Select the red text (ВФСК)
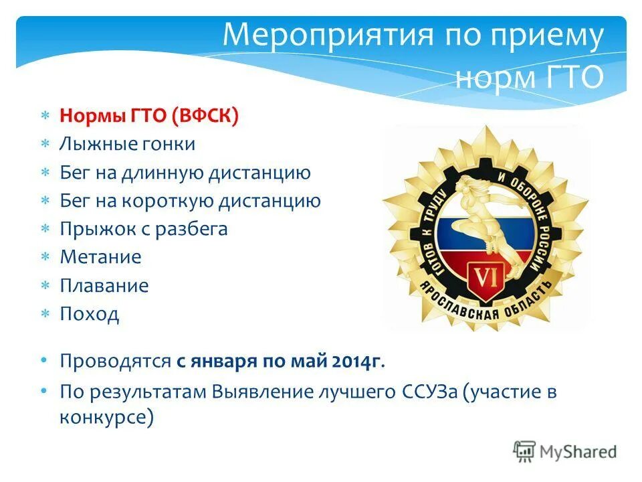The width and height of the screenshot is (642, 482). (215, 116)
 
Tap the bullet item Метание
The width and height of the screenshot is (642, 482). (101, 257)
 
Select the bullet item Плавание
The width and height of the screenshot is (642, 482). (104, 286)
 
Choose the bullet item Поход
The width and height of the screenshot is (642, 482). (90, 314)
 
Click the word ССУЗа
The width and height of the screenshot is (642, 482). (424, 392)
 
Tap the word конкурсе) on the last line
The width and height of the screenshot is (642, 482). (107, 418)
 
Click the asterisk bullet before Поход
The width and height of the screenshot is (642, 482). (45, 314)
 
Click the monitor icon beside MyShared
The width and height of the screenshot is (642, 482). (524, 451)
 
